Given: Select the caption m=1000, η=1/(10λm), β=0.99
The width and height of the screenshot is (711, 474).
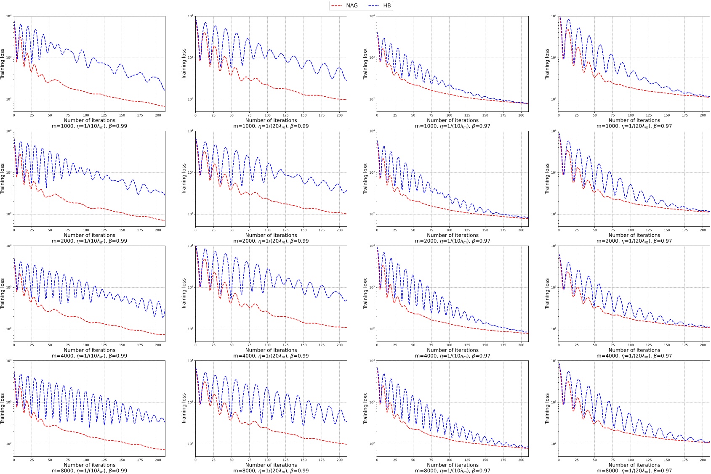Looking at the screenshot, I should [x=89, y=126].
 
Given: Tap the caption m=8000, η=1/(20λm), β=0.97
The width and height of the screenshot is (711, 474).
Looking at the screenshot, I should [x=634, y=471].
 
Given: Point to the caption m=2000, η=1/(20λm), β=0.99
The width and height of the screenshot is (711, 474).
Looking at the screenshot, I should [x=271, y=241].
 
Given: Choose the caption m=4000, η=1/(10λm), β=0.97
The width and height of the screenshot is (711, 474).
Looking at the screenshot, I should [x=453, y=356].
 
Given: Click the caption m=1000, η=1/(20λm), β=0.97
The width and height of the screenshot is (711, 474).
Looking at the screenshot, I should [x=634, y=126].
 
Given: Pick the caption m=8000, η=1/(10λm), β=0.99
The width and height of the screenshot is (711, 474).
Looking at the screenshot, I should [x=89, y=471].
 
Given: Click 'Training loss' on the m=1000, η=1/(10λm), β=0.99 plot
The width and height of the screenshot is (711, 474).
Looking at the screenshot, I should [x=3, y=64].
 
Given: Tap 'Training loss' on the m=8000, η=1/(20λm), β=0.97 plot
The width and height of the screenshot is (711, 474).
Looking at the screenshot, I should [x=547, y=408].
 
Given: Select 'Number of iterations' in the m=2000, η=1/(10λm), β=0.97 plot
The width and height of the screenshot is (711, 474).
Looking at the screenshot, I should [x=453, y=235].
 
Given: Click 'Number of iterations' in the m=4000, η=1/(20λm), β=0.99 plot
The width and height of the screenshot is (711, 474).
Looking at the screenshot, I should [x=271, y=350].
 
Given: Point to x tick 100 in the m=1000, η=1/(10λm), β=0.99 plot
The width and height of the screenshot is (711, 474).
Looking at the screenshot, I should [x=86, y=115].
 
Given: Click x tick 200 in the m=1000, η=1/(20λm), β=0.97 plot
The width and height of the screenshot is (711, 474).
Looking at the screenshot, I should [x=703, y=115].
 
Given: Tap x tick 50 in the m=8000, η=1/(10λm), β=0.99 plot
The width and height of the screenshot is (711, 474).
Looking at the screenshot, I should [x=50, y=460].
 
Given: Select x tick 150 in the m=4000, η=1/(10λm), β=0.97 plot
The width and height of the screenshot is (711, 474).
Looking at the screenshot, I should [x=485, y=345].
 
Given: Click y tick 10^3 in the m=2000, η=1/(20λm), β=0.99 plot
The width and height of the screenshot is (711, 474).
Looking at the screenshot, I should [x=190, y=172].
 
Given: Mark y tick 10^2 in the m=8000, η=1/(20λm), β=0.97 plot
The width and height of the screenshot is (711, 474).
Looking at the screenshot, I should [x=554, y=444].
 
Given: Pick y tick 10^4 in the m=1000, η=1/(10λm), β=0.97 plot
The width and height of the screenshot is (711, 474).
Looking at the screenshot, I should [x=372, y=16].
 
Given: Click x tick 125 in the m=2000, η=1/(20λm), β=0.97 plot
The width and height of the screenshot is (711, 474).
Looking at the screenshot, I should [x=649, y=230].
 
